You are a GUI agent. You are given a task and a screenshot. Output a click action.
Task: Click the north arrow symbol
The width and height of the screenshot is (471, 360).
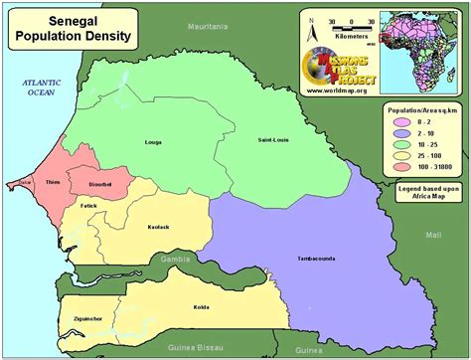click(312, 21)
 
